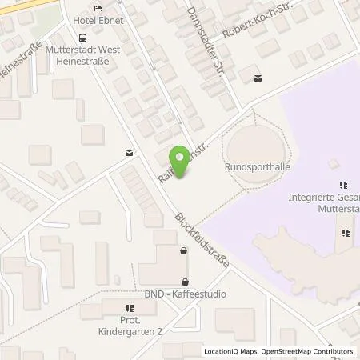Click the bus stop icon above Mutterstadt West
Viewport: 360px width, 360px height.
click(82, 37)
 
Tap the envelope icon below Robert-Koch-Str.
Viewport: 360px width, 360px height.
click(257, 78)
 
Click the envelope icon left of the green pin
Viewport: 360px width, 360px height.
click(129, 152)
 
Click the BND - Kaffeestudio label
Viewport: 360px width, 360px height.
click(186, 294)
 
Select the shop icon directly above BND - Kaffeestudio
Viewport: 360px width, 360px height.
click(186, 281)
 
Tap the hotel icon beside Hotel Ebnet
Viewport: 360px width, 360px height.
click(98, 8)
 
